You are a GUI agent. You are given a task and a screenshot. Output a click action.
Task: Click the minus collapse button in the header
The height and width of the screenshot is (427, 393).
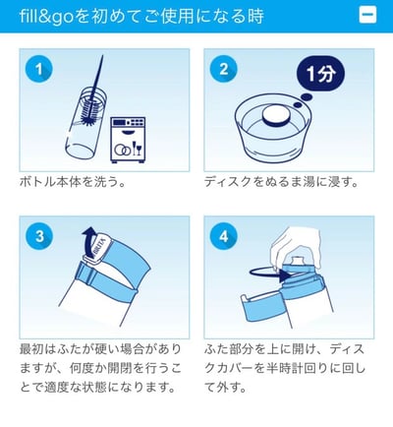coord(367,16)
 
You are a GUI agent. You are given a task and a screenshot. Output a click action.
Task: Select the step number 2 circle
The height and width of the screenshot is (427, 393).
coord(225,71)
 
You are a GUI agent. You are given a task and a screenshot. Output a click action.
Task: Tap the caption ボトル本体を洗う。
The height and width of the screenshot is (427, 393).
coord(72,184)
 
